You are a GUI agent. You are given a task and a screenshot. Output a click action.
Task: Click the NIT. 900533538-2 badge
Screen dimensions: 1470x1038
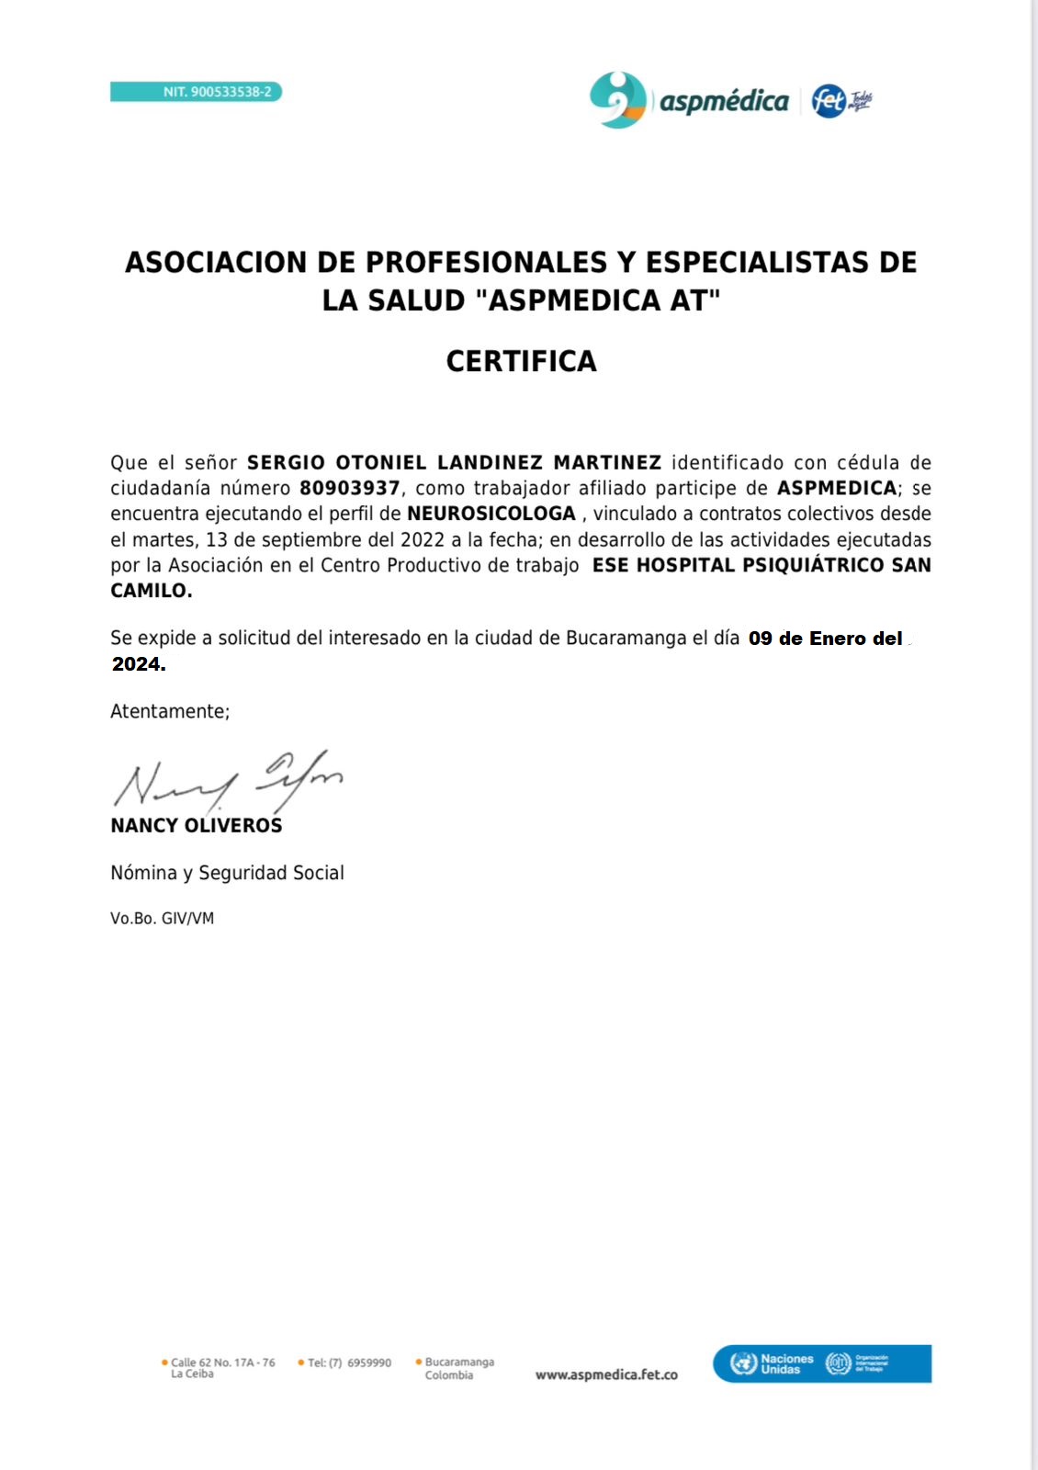[196, 92]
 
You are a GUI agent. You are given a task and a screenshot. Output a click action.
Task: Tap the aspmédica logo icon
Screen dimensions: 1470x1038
[617, 100]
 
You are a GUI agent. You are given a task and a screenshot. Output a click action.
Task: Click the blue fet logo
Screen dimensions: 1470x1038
[829, 100]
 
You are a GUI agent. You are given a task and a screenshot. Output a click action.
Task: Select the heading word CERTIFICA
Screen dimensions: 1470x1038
[521, 361]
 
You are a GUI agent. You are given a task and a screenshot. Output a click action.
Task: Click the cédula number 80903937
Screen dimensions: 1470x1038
[350, 488]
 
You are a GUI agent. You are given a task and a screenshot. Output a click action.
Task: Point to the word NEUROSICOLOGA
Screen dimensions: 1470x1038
[491, 514]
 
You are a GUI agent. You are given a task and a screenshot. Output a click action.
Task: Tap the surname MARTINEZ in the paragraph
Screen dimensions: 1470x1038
[607, 462]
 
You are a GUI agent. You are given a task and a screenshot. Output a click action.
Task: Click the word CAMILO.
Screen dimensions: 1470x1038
[151, 591]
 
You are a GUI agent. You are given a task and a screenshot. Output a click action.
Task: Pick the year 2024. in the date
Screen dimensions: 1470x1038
[139, 664]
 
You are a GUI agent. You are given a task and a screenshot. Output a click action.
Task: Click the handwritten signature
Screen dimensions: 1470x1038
[227, 782]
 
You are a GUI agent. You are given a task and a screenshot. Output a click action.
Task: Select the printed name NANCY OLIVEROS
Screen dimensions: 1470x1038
[197, 825]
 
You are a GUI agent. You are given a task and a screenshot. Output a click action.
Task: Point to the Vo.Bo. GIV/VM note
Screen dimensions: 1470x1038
[162, 918]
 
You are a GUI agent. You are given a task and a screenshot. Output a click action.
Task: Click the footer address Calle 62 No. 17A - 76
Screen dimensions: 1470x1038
[222, 1363]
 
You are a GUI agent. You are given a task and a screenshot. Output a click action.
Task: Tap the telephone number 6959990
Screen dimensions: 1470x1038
[369, 1363]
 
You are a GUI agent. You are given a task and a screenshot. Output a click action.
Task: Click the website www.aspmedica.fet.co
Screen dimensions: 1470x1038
[606, 1374]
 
